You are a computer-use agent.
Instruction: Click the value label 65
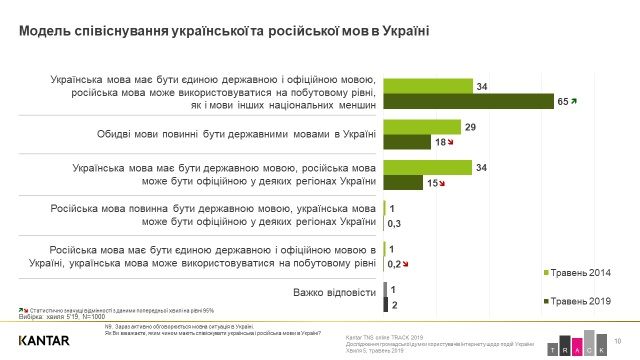563,101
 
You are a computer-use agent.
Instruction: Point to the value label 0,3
394,223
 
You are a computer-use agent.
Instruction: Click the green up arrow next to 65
575,101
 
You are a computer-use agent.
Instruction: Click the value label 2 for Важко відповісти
393,304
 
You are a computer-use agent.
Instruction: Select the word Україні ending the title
405,31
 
